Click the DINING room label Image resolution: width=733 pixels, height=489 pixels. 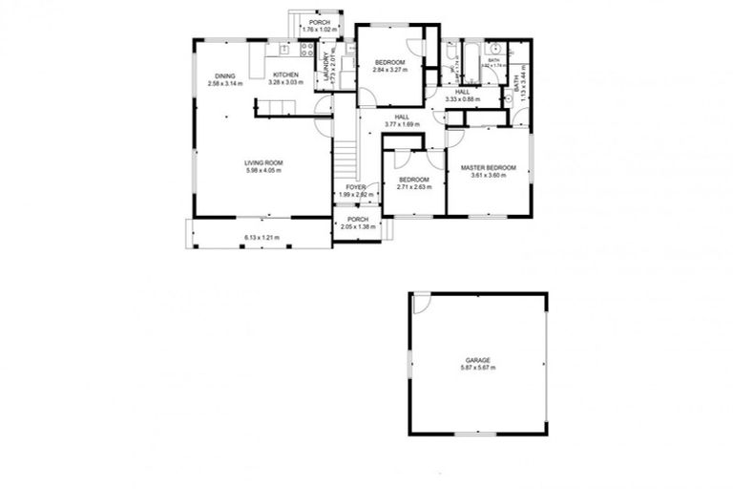(225, 75)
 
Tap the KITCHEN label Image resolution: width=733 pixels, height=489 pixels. (286, 74)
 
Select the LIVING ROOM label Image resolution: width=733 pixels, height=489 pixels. (263, 162)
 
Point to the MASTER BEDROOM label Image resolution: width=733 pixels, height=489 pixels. (488, 167)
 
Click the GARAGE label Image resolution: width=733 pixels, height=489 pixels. (478, 360)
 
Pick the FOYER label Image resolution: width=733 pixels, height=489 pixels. (356, 187)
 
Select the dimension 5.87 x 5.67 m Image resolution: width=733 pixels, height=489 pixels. (478, 368)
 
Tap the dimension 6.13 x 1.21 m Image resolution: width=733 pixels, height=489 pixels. (262, 237)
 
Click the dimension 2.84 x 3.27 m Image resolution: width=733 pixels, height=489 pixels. (389, 70)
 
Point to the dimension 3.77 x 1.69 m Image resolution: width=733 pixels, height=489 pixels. (402, 124)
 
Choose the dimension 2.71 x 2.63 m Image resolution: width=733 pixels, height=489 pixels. (413, 186)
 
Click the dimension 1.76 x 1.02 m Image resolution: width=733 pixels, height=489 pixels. (318, 30)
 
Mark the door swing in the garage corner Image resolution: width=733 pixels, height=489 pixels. (421, 303)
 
